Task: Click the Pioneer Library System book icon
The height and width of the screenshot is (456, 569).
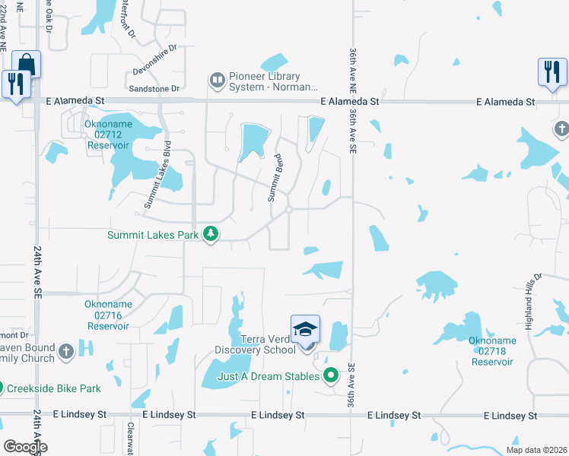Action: pyautogui.click(x=217, y=79)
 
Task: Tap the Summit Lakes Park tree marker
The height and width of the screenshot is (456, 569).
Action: pyautogui.click(x=211, y=236)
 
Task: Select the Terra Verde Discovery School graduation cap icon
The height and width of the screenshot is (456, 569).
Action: pyautogui.click(x=305, y=330)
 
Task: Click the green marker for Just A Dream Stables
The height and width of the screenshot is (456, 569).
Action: pyautogui.click(x=330, y=375)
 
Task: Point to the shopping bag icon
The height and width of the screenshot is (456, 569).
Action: pyautogui.click(x=26, y=64)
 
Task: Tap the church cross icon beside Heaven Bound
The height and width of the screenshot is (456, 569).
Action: pyautogui.click(x=66, y=351)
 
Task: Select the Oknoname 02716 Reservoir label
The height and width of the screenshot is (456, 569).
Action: pyautogui.click(x=108, y=315)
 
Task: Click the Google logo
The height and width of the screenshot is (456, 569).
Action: pyautogui.click(x=24, y=446)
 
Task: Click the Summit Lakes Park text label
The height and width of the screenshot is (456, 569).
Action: pyautogui.click(x=152, y=236)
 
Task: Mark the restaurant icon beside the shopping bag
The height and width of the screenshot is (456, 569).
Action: pyautogui.click(x=14, y=83)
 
